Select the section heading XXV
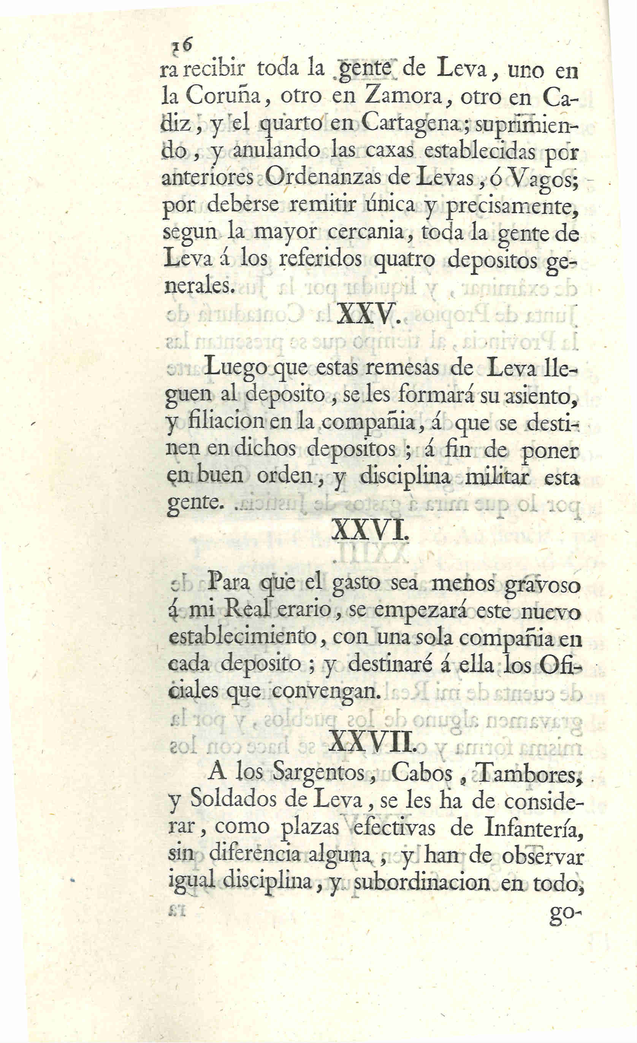tap(368, 314)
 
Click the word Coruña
tap(226, 98)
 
